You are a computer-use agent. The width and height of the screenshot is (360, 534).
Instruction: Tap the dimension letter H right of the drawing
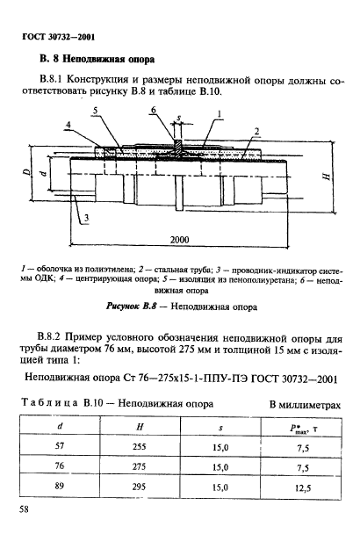pyautogui.click(x=327, y=177)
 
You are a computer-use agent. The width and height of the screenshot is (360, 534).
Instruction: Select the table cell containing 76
pyautogui.click(x=59, y=466)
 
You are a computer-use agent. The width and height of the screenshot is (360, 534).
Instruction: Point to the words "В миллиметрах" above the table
pyautogui.click(x=304, y=405)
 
